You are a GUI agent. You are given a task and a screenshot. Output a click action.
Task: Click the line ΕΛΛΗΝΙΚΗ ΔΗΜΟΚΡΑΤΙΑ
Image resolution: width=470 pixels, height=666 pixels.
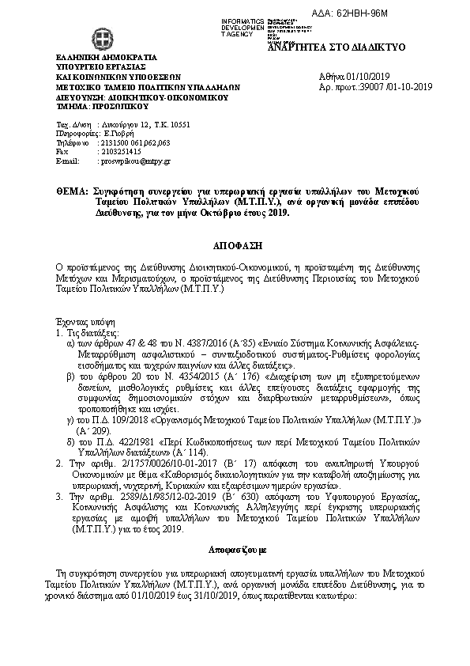pyautogui.click(x=106, y=58)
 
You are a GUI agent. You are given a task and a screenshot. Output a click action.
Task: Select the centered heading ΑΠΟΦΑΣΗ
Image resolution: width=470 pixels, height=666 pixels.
pyautogui.click(x=235, y=247)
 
